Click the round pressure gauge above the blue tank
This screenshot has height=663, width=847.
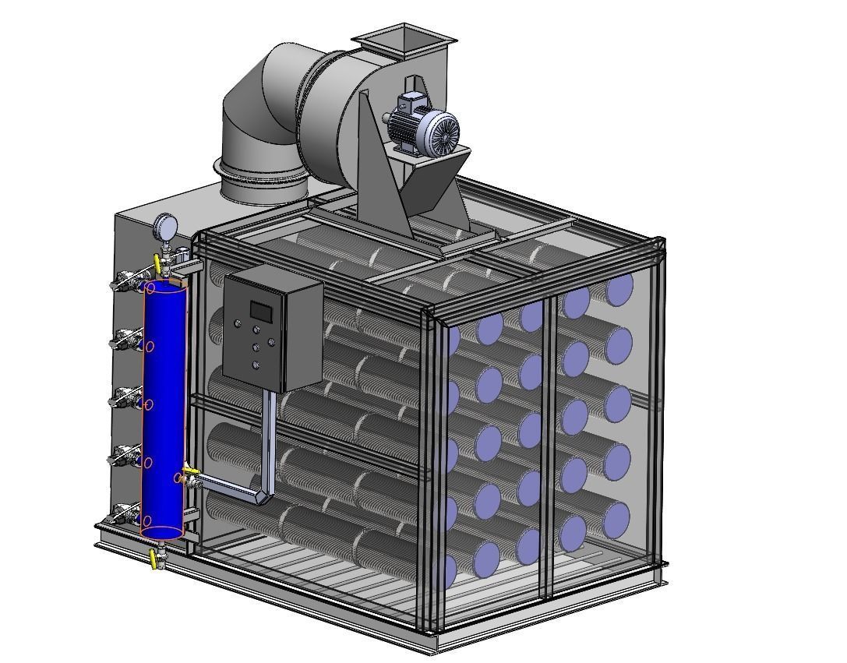(164, 227)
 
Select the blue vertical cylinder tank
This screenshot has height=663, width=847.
(164, 409)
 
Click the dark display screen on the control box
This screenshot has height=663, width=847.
(260, 311)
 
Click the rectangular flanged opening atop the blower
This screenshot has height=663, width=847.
(404, 37)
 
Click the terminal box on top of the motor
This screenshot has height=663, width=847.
(409, 101)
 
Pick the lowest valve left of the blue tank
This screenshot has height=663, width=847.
(124, 513)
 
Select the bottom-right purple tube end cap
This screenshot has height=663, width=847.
(616, 520)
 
